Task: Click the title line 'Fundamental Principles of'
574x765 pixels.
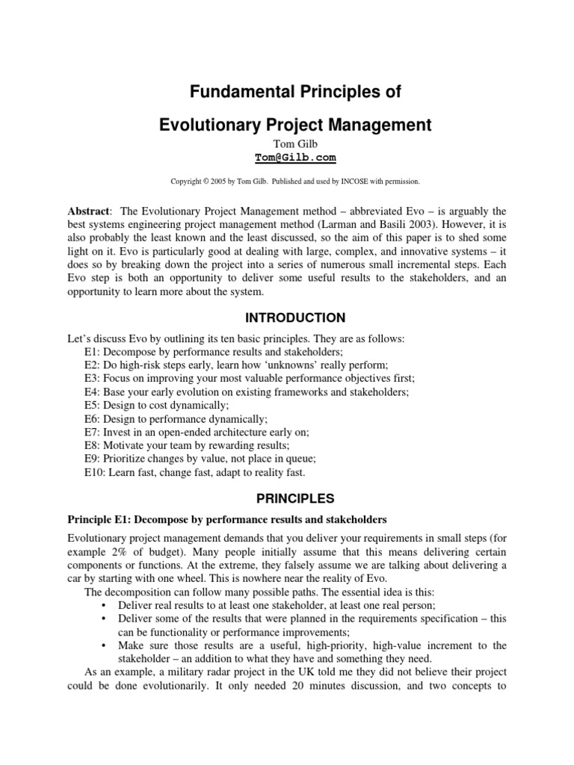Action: point(286,92)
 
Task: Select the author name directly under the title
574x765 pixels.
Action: point(286,143)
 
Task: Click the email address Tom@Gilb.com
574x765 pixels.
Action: point(286,158)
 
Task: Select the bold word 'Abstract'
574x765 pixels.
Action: point(88,211)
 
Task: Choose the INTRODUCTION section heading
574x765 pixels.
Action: point(286,318)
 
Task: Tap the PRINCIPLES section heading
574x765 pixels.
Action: point(286,498)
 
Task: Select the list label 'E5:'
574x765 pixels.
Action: point(93,405)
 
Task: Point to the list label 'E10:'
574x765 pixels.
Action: point(96,472)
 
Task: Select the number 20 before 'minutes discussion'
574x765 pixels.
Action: point(298,686)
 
